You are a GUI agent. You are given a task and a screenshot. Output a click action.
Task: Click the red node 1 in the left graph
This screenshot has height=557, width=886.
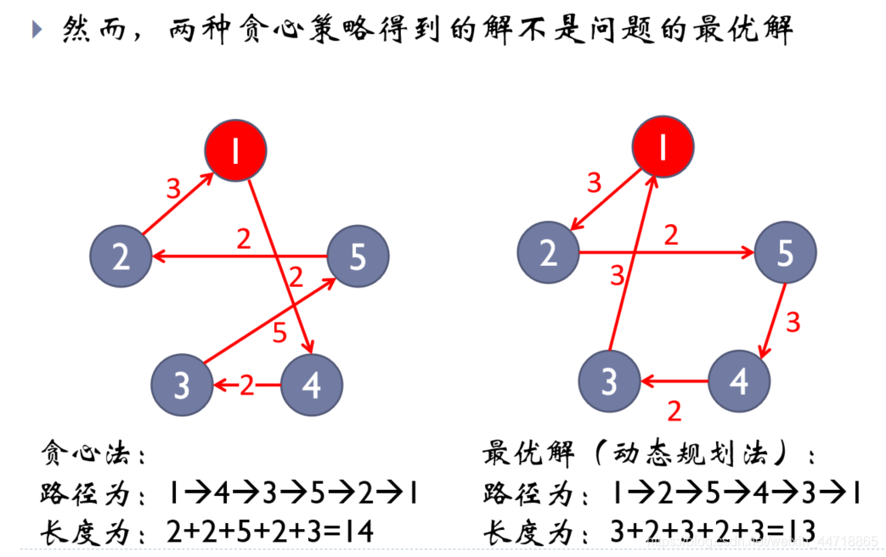point(235,150)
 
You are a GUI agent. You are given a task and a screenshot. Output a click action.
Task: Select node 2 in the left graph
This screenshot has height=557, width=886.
point(121,256)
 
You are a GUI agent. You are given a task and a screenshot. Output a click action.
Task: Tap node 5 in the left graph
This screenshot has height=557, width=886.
point(358,256)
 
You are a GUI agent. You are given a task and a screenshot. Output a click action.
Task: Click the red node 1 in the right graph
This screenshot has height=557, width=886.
point(663,149)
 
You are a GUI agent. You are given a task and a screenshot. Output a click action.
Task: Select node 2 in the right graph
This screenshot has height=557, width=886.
point(549,253)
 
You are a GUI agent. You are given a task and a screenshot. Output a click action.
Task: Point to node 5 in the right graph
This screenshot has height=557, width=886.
point(785,253)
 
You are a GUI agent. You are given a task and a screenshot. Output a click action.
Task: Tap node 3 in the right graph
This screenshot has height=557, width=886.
point(609,381)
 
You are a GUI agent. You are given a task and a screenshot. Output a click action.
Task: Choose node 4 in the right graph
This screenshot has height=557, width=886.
point(739,381)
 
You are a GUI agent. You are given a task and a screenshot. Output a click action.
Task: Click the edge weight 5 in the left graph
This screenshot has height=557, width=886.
point(279,334)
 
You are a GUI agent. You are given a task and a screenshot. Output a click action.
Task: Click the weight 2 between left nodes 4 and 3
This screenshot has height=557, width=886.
point(247,385)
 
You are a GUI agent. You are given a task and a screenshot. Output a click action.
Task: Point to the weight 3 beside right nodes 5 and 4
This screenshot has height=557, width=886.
point(793,323)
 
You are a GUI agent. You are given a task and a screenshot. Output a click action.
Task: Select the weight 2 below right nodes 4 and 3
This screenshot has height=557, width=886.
point(674,412)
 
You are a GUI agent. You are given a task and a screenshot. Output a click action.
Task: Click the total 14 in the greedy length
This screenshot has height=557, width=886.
point(360,532)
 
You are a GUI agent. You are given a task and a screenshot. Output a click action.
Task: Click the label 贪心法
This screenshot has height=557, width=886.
point(87,453)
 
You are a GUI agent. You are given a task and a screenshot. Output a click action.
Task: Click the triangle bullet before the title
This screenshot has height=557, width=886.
point(36,30)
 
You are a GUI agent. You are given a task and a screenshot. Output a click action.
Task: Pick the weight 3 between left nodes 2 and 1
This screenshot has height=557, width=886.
point(173,188)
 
